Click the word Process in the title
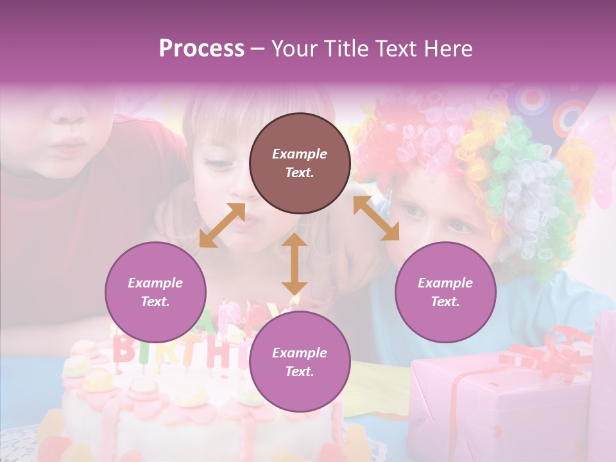pos(201,49)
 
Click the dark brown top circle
pos(300,164)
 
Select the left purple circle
pos(155,293)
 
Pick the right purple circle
pos(445,293)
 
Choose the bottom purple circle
pos(300,362)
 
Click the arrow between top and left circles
pos(222,225)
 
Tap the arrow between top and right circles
pos(376,218)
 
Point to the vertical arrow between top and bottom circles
pos(295,264)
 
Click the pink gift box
pos(501,404)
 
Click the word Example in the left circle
pos(155,283)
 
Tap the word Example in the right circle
pos(445,283)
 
